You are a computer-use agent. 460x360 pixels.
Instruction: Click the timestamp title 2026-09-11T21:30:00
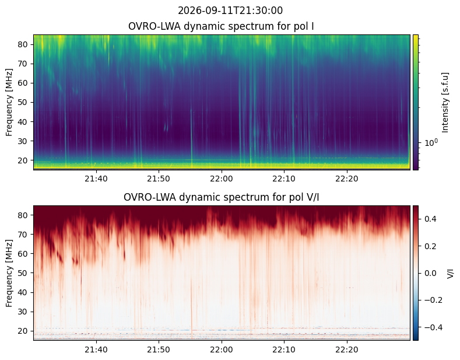point(230,11)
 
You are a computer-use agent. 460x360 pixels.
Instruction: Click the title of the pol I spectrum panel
point(221,26)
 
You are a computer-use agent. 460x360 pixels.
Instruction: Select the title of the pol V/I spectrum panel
point(221,197)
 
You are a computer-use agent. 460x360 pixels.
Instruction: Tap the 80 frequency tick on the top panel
point(23,44)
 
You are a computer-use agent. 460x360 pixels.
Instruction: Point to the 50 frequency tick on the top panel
point(23,103)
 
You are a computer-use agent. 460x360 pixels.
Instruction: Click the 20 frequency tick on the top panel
point(23,160)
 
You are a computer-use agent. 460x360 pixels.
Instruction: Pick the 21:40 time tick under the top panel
point(96,179)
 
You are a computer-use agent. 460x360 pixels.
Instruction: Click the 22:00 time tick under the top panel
point(222,179)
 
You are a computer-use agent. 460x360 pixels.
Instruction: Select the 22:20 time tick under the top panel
point(347,179)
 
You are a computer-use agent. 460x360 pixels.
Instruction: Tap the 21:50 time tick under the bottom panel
point(159,349)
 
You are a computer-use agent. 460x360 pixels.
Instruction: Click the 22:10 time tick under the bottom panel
point(284,349)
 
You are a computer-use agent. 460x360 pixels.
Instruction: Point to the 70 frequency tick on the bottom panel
point(23,235)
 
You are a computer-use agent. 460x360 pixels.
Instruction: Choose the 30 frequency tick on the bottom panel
point(23,312)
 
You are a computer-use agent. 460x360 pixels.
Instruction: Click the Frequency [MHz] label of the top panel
point(9,103)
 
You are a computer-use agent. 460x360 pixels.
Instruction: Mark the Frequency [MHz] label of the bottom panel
point(9,274)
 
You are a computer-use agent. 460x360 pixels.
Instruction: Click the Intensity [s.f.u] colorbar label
point(445,103)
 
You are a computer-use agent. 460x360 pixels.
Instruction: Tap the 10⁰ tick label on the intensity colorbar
point(431,143)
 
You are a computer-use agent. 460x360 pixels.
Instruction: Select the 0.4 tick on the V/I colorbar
point(430,219)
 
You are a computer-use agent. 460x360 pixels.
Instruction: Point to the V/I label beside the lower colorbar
point(450,274)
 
